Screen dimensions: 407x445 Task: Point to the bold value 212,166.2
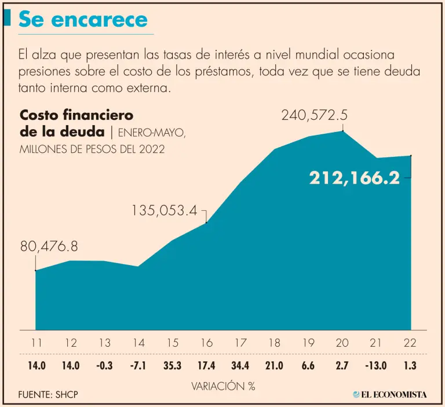click(355, 178)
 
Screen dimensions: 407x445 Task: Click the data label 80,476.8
click(49, 247)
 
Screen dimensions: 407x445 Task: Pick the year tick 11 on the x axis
click(37, 343)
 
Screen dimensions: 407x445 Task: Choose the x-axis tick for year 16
click(206, 343)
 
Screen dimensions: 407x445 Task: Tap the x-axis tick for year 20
click(342, 343)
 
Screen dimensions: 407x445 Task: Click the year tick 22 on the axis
click(410, 343)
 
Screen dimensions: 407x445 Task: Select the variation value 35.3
click(172, 366)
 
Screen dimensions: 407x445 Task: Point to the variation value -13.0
click(375, 366)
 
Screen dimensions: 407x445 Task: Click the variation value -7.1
click(138, 366)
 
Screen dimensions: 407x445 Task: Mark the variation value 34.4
click(240, 366)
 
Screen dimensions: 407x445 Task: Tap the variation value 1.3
click(410, 366)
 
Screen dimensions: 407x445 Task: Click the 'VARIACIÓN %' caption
click(223, 386)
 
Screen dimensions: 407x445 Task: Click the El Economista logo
click(390, 395)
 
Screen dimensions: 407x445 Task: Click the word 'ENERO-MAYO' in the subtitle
click(152, 133)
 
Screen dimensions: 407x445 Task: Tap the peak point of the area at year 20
click(343, 131)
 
